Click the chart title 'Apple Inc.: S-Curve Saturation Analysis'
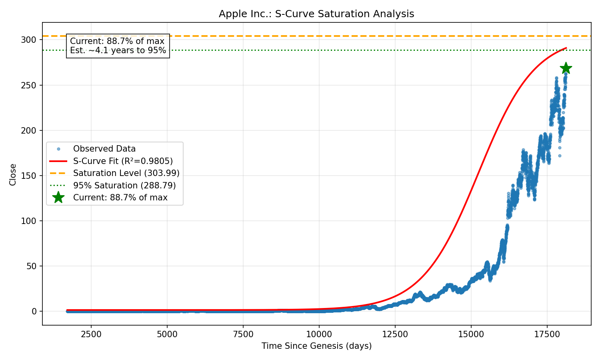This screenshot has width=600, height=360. coord(316,14)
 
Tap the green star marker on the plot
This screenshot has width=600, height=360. coord(566,68)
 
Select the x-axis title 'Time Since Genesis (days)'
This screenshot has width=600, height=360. coord(316,346)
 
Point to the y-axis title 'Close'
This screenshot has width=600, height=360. coord(13,174)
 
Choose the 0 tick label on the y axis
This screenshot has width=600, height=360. coord(34,311)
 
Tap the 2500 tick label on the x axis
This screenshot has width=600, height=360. coord(91,334)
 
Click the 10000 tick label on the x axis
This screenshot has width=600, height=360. coord(319,334)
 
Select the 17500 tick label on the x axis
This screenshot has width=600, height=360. coord(547,334)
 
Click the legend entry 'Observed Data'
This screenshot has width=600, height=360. coord(104,149)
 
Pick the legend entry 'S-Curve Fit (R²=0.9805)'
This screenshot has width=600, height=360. coord(122,161)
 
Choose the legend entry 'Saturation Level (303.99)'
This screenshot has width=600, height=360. coord(126,173)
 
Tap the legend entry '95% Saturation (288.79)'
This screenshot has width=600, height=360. coord(124,186)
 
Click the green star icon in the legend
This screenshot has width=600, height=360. coord(58,198)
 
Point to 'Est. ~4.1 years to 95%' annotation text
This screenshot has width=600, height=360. coord(118,50)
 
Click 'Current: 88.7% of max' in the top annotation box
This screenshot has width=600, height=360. coord(117,41)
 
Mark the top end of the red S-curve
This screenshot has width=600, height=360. coord(566,48)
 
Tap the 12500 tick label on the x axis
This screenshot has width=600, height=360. coord(395,334)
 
